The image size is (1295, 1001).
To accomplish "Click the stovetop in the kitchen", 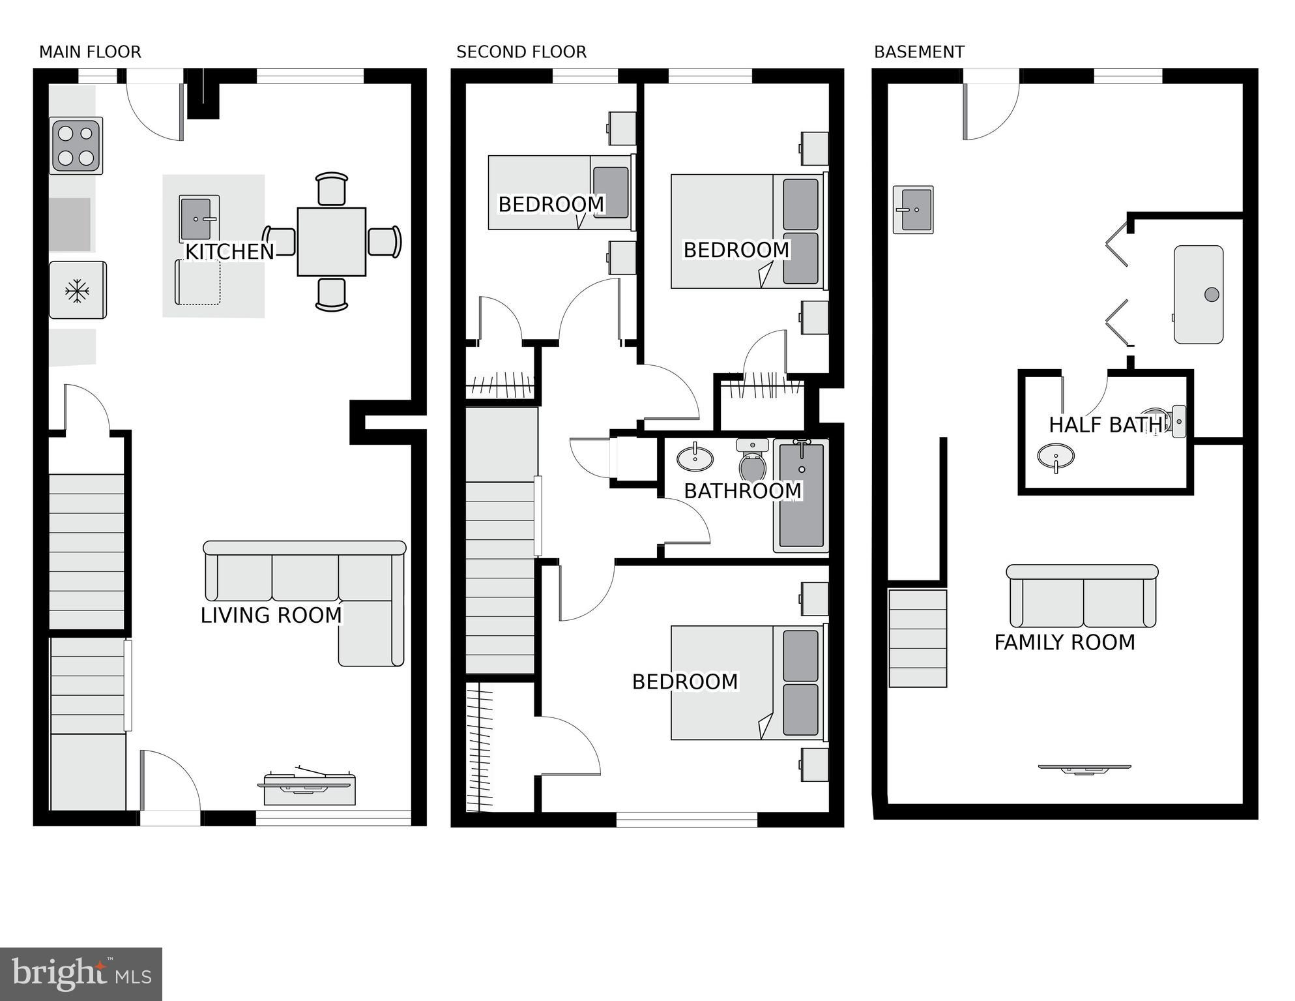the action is tap(76, 145).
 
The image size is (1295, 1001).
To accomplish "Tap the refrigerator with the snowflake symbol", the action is tap(78, 290).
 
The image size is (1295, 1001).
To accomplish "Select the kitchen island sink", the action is tap(199, 218).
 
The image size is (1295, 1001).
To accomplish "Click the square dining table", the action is tap(332, 242).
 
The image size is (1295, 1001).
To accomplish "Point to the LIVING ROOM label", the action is tap(271, 615).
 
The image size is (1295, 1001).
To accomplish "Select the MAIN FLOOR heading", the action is tap(90, 52).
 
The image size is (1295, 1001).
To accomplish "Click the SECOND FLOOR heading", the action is tap(521, 52).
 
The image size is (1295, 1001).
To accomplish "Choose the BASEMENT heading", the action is tap(919, 52).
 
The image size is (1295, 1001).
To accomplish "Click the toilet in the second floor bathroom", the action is tap(753, 459).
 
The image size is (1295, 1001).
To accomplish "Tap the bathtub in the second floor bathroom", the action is tap(801, 496).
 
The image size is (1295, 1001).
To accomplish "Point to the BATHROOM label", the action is tap(743, 490).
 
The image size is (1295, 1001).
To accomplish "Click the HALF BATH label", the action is tap(1106, 425).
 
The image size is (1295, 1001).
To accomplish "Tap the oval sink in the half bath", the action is tap(1056, 456).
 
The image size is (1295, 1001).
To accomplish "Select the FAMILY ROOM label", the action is tap(1065, 642).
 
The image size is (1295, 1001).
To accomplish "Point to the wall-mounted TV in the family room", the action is tap(1084, 769).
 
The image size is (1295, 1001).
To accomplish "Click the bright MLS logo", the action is tap(81, 974).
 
